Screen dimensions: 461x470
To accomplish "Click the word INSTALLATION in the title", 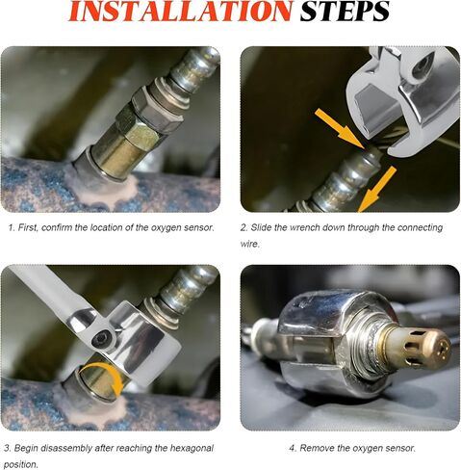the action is (180, 12).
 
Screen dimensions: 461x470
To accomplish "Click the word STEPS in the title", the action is (345, 12).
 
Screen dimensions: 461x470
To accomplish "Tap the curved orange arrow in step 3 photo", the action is (104, 379).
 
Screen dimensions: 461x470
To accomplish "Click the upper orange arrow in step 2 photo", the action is (341, 129).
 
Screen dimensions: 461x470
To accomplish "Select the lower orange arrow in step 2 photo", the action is (378, 189).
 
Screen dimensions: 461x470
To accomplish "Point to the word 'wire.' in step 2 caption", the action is (250, 244).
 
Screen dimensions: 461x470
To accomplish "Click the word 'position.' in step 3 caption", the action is (21, 464).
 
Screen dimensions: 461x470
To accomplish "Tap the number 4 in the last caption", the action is (292, 448).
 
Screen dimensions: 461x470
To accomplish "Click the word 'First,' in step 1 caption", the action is (29, 228).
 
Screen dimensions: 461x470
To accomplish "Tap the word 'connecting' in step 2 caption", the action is (420, 228).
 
